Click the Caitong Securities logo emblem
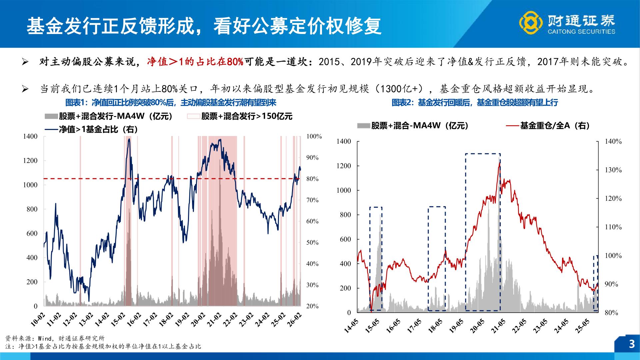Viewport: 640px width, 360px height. tap(531, 23)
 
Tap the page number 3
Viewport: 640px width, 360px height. tap(631, 344)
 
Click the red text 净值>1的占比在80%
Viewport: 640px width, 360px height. tap(195, 62)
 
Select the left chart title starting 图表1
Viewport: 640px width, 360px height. tap(171, 103)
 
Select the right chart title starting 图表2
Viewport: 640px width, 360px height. tap(474, 103)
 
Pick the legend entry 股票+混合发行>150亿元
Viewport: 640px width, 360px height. tap(247, 116)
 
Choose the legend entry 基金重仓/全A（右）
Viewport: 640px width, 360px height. tap(555, 126)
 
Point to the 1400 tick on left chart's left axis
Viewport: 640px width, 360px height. tap(30, 136)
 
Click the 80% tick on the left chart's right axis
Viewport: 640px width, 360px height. tap(312, 179)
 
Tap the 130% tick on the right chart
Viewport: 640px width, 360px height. tap(613, 170)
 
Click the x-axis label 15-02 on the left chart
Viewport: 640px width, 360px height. tap(118, 319)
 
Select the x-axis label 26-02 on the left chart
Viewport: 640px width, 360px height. tap(294, 319)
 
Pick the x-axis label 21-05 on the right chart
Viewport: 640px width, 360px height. tap(498, 326)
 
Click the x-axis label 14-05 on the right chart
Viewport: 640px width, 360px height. tap(351, 326)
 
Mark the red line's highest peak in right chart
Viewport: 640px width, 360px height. tap(499, 163)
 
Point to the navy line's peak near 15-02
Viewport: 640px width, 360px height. tap(129, 139)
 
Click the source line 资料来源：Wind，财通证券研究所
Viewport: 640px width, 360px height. tap(55, 338)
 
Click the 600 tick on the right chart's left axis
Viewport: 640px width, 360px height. tap(345, 239)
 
